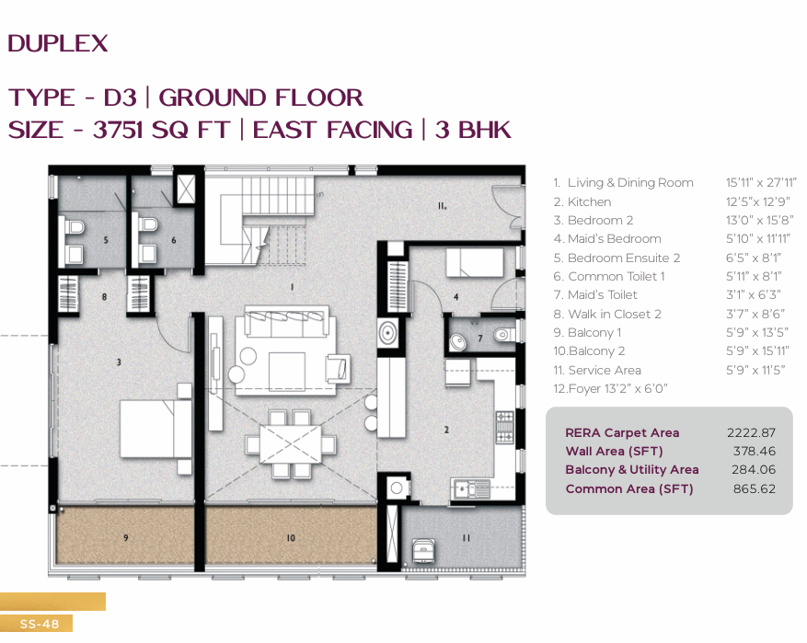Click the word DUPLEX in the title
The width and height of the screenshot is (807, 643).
tap(58, 44)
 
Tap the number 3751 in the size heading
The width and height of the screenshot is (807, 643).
tap(118, 130)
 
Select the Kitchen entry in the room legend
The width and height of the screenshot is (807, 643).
tap(582, 201)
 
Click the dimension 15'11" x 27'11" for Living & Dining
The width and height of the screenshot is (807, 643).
tap(761, 183)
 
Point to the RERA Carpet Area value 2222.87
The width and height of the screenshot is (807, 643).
tap(751, 432)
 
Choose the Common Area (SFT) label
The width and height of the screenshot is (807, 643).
tap(629, 488)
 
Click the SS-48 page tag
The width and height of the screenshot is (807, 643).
tap(40, 624)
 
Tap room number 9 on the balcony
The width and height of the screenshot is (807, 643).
tap(125, 537)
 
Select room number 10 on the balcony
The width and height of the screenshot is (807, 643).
tap(291, 537)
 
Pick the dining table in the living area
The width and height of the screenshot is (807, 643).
tap(290, 443)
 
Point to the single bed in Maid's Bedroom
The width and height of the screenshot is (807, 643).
tap(474, 263)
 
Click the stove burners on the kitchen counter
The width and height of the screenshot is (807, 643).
tap(504, 427)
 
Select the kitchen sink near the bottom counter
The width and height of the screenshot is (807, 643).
tap(471, 489)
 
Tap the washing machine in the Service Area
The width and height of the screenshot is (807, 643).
tap(423, 551)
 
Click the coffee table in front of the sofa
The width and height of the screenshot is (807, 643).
tap(287, 372)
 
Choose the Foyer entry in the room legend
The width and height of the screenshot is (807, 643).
tap(610, 388)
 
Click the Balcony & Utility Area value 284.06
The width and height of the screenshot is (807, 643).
tap(754, 469)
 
